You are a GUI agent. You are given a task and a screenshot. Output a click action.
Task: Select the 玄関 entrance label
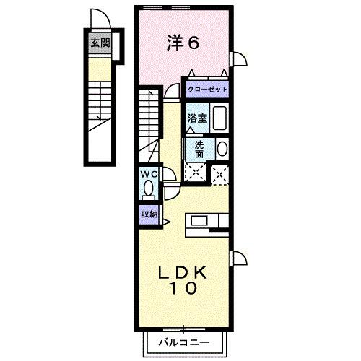pos(100,43)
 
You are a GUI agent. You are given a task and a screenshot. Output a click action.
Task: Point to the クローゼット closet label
pos(207,90)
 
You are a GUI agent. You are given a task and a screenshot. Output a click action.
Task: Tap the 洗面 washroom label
pos(199,149)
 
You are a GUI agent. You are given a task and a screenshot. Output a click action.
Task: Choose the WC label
pos(149,174)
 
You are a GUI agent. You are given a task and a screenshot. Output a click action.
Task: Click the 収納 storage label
pos(149,214)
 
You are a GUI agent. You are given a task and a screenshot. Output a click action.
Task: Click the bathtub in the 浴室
pos(221,118)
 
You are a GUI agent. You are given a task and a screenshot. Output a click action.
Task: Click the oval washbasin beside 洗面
pos(221,149)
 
